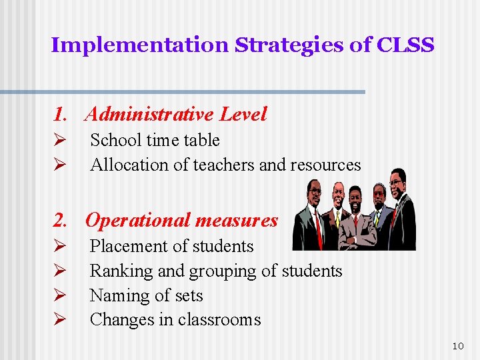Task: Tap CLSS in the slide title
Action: click(405, 45)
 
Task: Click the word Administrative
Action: click(149, 114)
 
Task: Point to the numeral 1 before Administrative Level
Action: click(59, 114)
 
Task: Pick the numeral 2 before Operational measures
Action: click(60, 220)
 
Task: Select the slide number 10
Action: click(457, 345)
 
